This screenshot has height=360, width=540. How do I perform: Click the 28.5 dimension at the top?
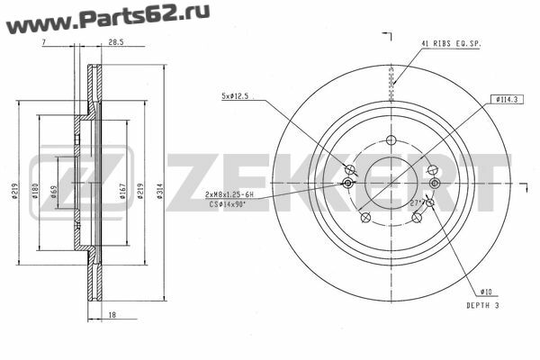point(116,42)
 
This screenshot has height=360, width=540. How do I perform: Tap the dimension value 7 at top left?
point(44,42)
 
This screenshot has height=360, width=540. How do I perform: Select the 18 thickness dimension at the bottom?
point(112,314)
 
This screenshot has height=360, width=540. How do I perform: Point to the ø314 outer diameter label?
point(160,192)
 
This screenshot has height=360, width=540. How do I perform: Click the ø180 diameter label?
point(35,191)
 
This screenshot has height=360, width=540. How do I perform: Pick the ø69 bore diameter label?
point(53,192)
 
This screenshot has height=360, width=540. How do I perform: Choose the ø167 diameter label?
point(123,192)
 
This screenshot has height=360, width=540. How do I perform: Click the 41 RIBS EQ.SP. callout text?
point(451,44)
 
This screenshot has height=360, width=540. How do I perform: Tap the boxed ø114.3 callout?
point(507,100)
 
